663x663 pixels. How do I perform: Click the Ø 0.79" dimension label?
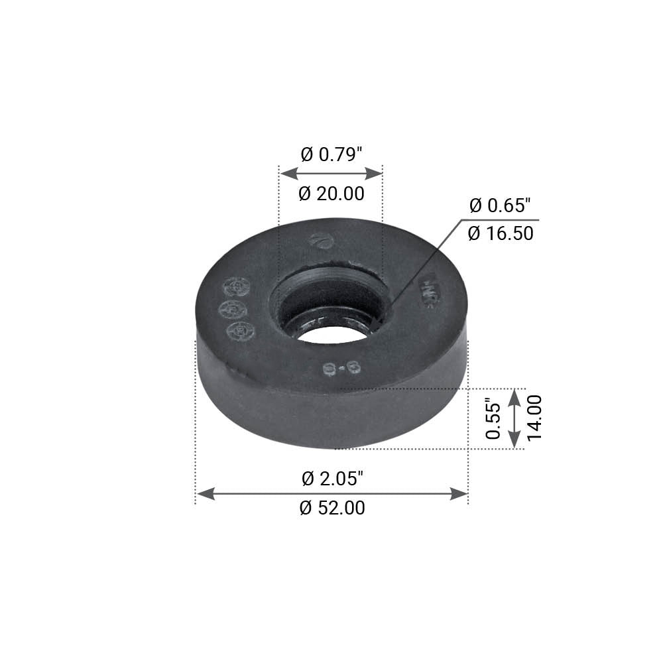(331, 155)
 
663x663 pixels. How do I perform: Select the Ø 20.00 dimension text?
(331, 194)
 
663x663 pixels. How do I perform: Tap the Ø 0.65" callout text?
(501, 206)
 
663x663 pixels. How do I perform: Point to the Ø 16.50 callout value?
(501, 233)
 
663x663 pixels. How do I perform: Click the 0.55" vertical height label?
(492, 418)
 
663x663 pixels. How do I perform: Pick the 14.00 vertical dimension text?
(535, 418)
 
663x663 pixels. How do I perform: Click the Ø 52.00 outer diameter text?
(332, 509)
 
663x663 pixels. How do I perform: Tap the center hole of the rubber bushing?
(331, 328)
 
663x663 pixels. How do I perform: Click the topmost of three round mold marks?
(237, 286)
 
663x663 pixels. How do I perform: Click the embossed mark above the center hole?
(321, 241)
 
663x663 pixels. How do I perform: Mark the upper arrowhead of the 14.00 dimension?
(514, 396)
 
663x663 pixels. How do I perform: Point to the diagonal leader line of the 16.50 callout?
(424, 265)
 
